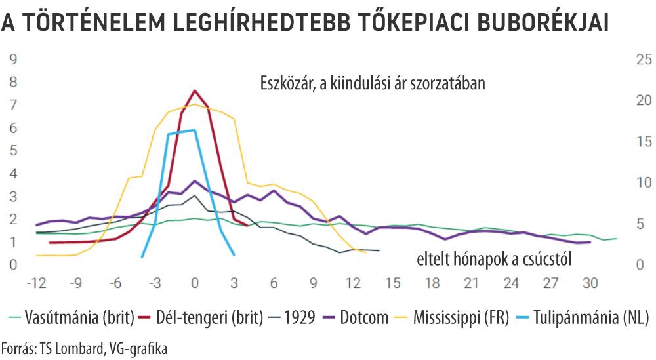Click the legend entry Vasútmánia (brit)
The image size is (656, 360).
click(72, 318)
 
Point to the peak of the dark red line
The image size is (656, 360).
click(195, 90)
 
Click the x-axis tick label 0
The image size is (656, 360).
click(195, 283)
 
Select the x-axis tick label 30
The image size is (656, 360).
click(590, 283)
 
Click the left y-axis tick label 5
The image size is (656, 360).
click(12, 151)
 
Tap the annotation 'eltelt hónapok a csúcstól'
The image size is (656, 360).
click(495, 260)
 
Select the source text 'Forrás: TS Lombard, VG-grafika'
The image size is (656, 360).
click(85, 348)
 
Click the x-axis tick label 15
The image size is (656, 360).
click(392, 283)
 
